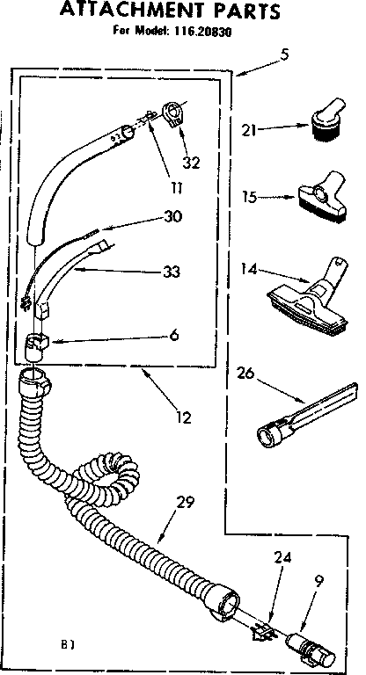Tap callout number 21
click(x=250, y=129)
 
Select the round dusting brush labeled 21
click(x=326, y=118)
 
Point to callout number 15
click(x=250, y=197)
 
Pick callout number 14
click(x=249, y=270)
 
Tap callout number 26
click(x=245, y=374)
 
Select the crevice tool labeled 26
click(x=307, y=417)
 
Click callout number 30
click(x=172, y=216)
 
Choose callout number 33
click(x=172, y=272)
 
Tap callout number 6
click(x=173, y=335)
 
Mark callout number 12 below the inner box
click(x=184, y=417)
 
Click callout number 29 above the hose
click(x=185, y=502)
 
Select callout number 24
click(x=282, y=558)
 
